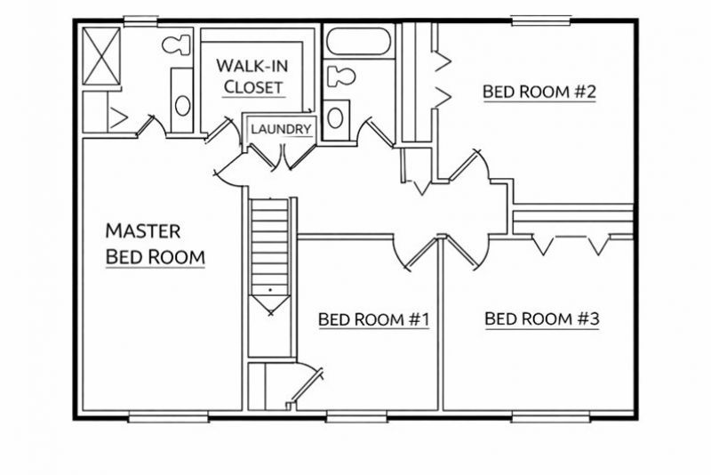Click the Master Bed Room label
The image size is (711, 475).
[x=155, y=244]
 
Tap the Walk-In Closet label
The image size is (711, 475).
[x=252, y=76]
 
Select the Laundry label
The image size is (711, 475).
[x=281, y=129]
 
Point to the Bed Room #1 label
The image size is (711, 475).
[x=373, y=319]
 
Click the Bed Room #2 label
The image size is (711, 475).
[x=539, y=92]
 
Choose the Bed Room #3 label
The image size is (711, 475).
[x=542, y=318]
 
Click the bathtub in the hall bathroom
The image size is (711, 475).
[x=358, y=42]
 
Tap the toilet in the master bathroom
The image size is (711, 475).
[x=176, y=44]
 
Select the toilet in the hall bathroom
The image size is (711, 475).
[x=340, y=76]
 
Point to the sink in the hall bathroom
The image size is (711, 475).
[x=335, y=118]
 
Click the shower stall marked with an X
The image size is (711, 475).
[x=101, y=56]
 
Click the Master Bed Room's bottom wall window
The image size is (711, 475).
[x=169, y=417]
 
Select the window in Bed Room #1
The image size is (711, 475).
[x=356, y=417]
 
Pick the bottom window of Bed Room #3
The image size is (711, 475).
[x=550, y=417]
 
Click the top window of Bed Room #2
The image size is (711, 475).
[x=541, y=20]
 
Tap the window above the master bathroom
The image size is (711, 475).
[x=140, y=20]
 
